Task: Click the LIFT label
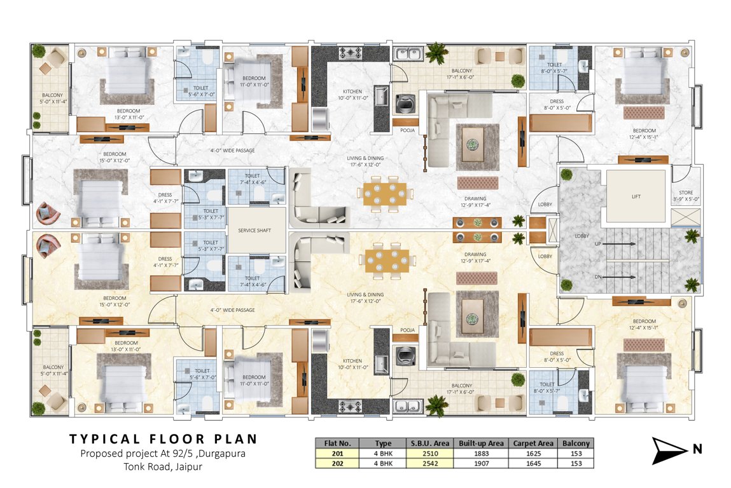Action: click(x=636, y=197)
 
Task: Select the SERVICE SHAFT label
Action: click(x=254, y=230)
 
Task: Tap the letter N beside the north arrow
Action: click(x=697, y=450)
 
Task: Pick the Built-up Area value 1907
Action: click(x=479, y=463)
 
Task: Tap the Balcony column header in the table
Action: click(x=576, y=443)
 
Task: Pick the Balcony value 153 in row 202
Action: click(x=576, y=463)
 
